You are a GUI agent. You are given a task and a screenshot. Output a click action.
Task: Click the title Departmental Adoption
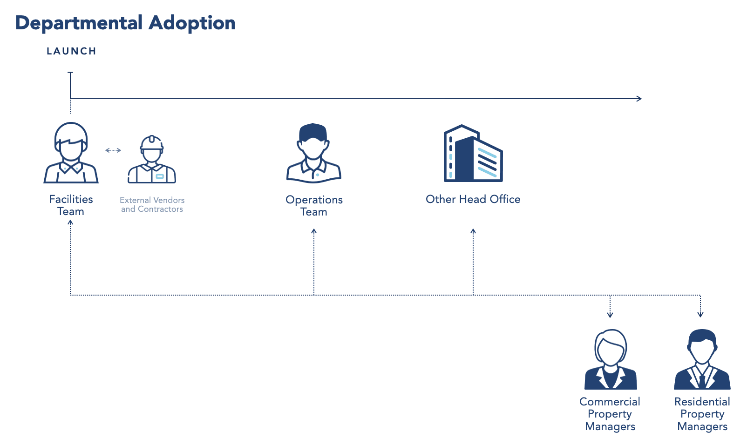pyautogui.click(x=125, y=23)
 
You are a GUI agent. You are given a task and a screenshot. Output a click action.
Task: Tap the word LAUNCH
pyautogui.click(x=71, y=51)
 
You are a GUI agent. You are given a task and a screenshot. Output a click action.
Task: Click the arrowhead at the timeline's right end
pyautogui.click(x=639, y=99)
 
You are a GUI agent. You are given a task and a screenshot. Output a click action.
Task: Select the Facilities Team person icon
pyautogui.click(x=71, y=153)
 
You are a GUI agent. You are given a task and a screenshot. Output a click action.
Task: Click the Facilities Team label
pyautogui.click(x=71, y=205)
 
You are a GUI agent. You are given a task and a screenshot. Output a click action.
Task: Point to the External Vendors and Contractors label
pyautogui.click(x=152, y=205)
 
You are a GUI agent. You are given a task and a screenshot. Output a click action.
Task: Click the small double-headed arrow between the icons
pyautogui.click(x=113, y=150)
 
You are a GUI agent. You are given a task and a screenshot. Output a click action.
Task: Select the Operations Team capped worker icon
pyautogui.click(x=314, y=153)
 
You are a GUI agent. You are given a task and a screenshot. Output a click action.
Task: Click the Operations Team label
pyautogui.click(x=314, y=206)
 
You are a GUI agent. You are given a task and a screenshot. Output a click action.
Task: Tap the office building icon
pyautogui.click(x=473, y=153)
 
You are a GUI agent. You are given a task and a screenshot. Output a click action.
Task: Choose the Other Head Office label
pyautogui.click(x=473, y=199)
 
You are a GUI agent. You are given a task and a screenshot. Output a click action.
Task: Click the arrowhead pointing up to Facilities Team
pyautogui.click(x=70, y=223)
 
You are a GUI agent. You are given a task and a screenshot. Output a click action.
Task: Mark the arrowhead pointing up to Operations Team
pyautogui.click(x=314, y=231)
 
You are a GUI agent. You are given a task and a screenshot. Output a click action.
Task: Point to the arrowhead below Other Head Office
pyautogui.click(x=473, y=231)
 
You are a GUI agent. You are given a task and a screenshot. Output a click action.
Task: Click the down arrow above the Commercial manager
pyautogui.click(x=610, y=315)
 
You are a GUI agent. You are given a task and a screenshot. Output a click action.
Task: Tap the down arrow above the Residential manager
pyautogui.click(x=700, y=315)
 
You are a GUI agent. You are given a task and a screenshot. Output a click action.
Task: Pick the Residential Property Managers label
pyautogui.click(x=702, y=414)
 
